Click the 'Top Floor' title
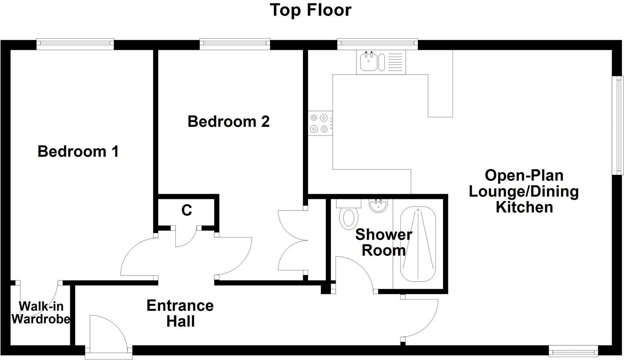[x=311, y=10]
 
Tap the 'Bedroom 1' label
[x=78, y=151]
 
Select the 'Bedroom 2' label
[x=228, y=121]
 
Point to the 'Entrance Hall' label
[x=180, y=313]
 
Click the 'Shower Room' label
[x=384, y=243]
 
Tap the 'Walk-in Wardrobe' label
[x=41, y=312]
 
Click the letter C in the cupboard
[x=186, y=210]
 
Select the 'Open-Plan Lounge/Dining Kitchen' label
[x=524, y=191]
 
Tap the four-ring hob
[x=320, y=123]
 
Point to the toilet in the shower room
[x=349, y=216]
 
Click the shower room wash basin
[x=378, y=206]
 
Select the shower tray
[x=418, y=244]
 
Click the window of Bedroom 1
[x=75, y=44]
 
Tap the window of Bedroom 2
[x=235, y=44]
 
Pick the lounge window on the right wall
[x=618, y=125]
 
